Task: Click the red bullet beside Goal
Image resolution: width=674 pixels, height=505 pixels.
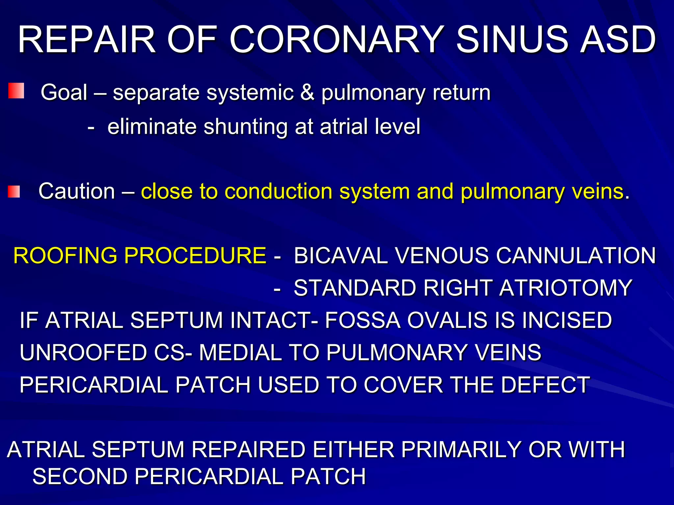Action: (16, 91)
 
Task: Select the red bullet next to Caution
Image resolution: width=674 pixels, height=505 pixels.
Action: (14, 192)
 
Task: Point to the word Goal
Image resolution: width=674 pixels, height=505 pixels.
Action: (64, 92)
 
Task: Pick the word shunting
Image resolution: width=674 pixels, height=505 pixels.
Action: (246, 127)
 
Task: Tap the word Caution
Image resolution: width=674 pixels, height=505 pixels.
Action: (77, 191)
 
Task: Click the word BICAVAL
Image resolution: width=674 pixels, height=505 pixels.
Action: (341, 255)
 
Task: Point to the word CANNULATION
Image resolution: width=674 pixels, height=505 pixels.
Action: (576, 255)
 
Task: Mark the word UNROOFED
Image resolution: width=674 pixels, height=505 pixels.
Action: (83, 352)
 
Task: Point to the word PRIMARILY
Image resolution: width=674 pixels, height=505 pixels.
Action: (461, 449)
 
